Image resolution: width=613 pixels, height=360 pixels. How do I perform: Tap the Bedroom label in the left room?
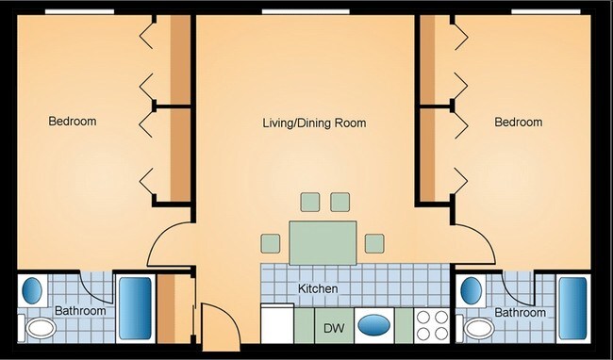point(73,122)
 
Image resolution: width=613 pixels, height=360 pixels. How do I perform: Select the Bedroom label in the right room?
point(519,123)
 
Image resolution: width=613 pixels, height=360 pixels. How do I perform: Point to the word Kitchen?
point(318,288)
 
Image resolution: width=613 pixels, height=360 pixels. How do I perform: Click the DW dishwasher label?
point(333,328)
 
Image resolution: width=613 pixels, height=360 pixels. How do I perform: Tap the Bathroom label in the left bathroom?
point(79,310)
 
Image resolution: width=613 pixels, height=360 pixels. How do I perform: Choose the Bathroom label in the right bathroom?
point(521,312)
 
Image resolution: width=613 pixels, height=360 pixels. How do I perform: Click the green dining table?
point(324,242)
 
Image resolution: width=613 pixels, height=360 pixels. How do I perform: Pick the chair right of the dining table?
point(374,244)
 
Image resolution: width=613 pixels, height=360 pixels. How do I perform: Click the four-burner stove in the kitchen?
point(431,326)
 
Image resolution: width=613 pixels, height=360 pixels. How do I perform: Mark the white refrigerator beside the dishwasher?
point(278,326)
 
